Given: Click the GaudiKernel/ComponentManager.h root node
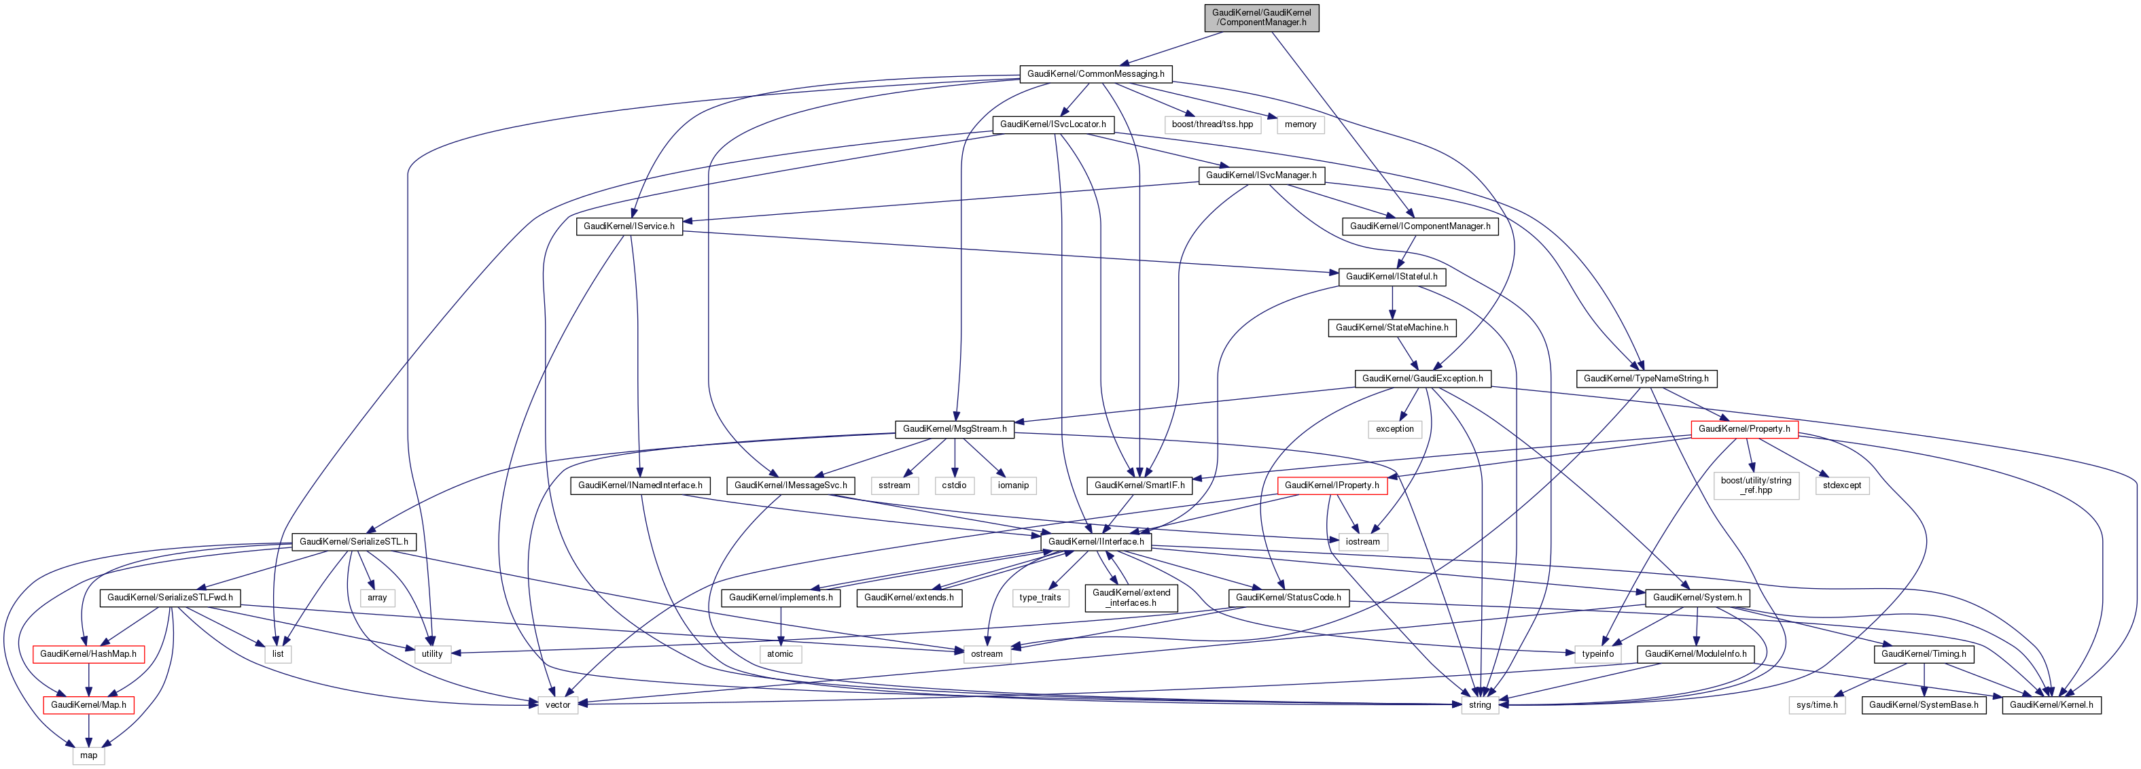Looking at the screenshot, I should pyautogui.click(x=1261, y=18).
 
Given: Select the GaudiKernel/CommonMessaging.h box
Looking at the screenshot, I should pyautogui.click(x=1095, y=74).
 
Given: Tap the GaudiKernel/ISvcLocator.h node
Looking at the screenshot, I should pyautogui.click(x=1052, y=124).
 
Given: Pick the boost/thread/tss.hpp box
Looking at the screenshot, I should pyautogui.click(x=1211, y=124).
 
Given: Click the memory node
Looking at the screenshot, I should pyautogui.click(x=1300, y=124).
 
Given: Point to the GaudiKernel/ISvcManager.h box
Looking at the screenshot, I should pyautogui.click(x=1261, y=175).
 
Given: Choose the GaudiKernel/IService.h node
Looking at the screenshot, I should pyautogui.click(x=629, y=226).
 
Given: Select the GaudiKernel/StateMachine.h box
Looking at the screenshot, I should pyautogui.click(x=1392, y=328).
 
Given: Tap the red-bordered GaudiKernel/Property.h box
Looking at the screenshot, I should pyautogui.click(x=1744, y=429).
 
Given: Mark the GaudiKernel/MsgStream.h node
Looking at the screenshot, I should pyautogui.click(x=954, y=429).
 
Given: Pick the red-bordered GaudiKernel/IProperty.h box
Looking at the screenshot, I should pyautogui.click(x=1332, y=485).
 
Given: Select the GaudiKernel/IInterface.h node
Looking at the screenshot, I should pyautogui.click(x=1095, y=542).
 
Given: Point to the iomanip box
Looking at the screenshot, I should pyautogui.click(x=1012, y=485).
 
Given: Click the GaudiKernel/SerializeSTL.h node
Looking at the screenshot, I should pyautogui.click(x=353, y=542).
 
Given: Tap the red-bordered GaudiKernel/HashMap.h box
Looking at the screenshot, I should pyautogui.click(x=88, y=654).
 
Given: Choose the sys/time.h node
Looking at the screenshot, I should pyautogui.click(x=1816, y=705).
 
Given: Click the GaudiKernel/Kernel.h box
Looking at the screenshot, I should pyautogui.click(x=2051, y=705).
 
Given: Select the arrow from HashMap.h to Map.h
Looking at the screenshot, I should pyautogui.click(x=88, y=679).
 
